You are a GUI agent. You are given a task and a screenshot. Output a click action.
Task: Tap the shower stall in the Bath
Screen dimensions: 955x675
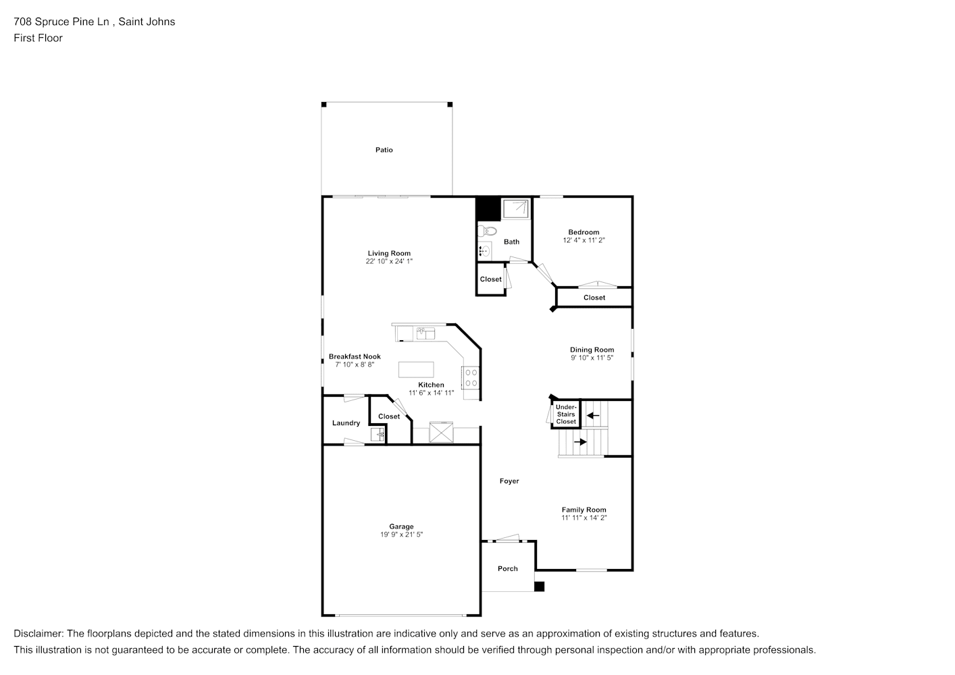515,209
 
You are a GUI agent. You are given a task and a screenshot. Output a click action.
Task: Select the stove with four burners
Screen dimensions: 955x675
471,378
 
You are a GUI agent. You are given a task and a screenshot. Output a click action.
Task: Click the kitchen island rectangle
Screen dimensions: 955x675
416,370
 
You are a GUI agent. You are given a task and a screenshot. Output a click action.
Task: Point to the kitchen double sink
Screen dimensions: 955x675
425,333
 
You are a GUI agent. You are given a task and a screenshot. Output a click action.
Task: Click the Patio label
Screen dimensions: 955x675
384,150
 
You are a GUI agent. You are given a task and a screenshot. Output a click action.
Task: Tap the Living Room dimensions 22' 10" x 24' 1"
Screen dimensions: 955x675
389,261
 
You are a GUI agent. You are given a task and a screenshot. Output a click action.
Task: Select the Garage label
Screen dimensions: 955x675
401,526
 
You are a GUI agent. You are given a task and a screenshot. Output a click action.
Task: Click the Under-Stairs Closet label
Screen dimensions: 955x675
566,414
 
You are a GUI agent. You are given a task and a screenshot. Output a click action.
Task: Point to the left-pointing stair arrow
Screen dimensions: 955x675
593,416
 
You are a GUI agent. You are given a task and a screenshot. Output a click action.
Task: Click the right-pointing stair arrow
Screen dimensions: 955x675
580,442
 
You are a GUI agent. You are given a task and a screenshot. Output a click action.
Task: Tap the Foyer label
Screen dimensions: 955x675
509,481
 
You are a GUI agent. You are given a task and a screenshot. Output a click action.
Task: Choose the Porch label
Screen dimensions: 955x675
508,569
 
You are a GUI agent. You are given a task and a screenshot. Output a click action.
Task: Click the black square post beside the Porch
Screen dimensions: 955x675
540,587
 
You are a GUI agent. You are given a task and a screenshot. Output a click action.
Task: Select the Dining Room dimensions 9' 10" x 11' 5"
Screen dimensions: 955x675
592,358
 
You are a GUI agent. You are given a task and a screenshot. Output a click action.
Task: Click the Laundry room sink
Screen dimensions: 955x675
378,435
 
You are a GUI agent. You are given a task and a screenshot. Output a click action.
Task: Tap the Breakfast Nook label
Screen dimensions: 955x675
355,356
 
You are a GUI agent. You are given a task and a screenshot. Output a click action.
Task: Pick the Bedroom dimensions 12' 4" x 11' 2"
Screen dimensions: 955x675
584,240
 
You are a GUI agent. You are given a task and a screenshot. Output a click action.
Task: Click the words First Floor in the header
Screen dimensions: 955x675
38,38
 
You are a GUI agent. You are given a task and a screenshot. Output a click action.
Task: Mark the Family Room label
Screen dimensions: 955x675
584,510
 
